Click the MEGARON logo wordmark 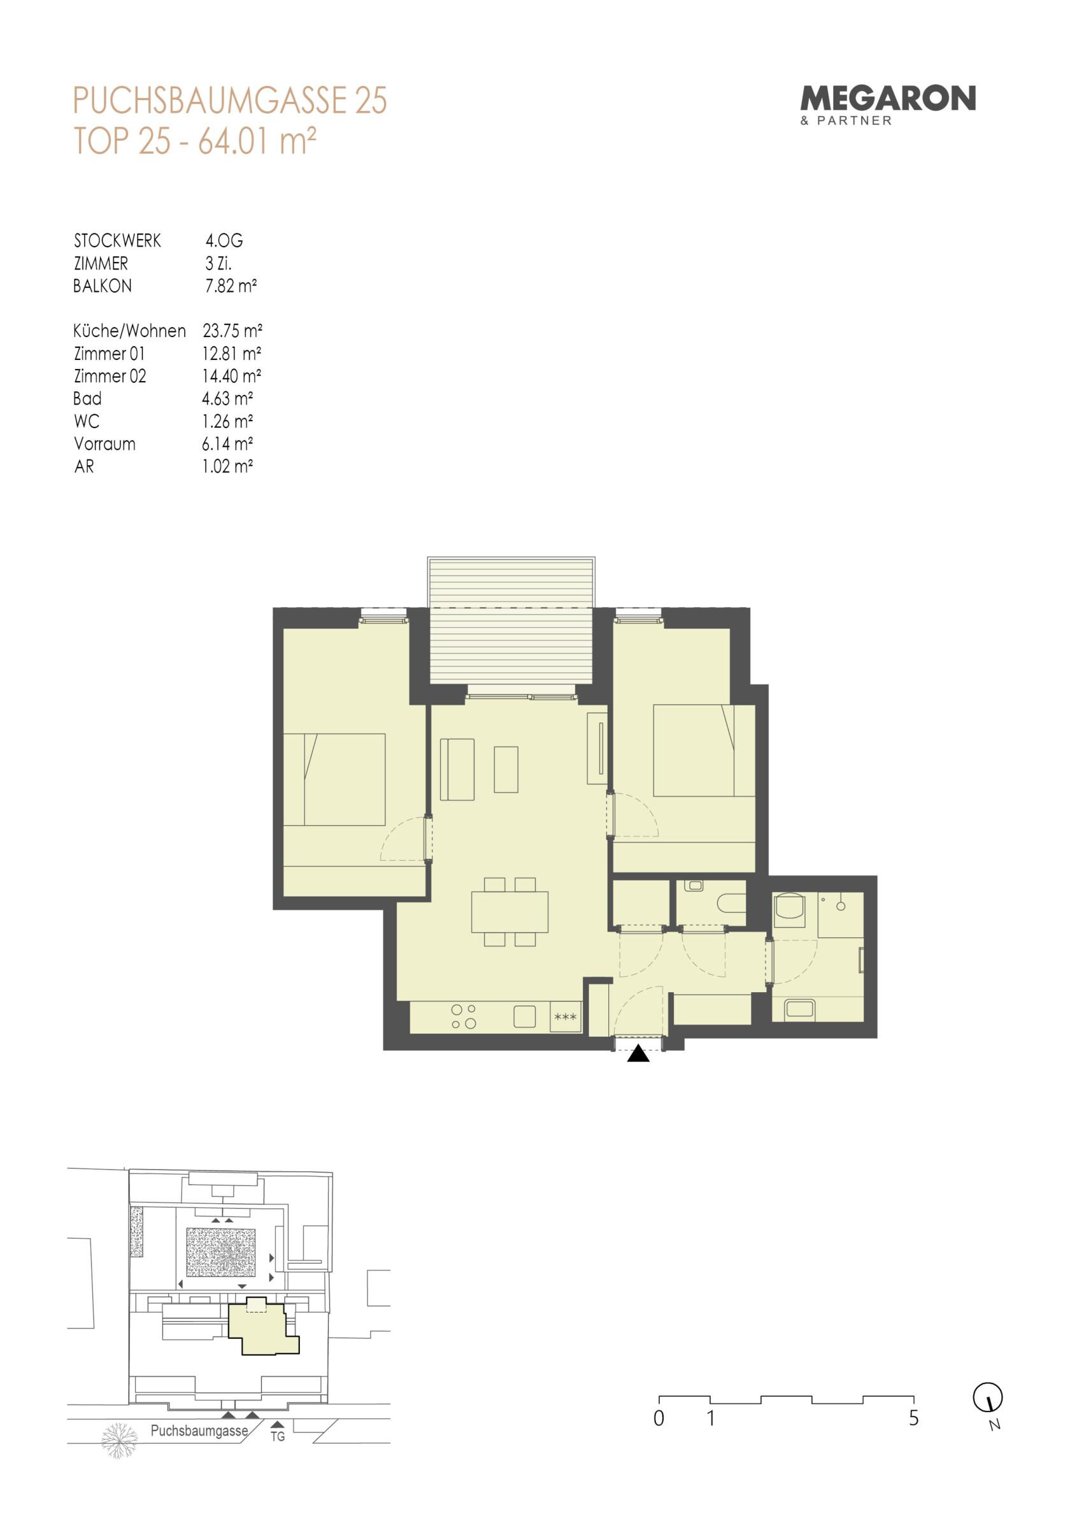[887, 98]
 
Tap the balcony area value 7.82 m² [231, 285]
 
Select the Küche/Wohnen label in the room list [129, 330]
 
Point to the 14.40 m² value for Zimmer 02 [231, 376]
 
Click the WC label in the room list [87, 421]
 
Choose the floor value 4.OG [224, 241]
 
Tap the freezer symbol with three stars [566, 1018]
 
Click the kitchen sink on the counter [525, 1016]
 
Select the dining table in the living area [510, 912]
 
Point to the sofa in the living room [457, 770]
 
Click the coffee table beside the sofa [506, 769]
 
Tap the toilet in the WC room [731, 903]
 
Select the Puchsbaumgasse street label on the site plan [199, 1431]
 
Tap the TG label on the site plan [278, 1436]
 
